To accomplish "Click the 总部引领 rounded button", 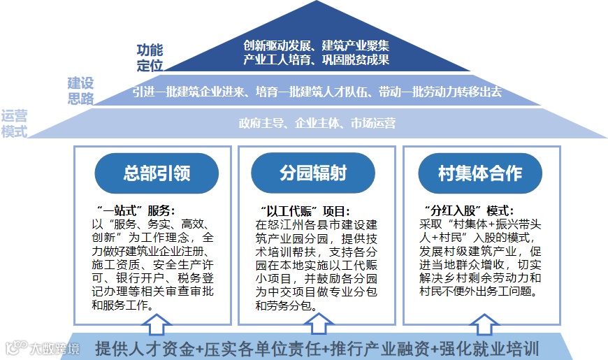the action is pos(152,173).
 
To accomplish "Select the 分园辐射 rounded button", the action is pos(316,173).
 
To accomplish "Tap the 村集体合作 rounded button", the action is pos(480,173).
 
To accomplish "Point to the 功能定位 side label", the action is pos(149,58).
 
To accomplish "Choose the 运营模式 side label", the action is pos(14,124).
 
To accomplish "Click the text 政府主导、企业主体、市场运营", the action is pos(317,124).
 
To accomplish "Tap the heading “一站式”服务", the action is pos(132,210).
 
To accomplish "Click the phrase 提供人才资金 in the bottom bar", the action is pos(144,347).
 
